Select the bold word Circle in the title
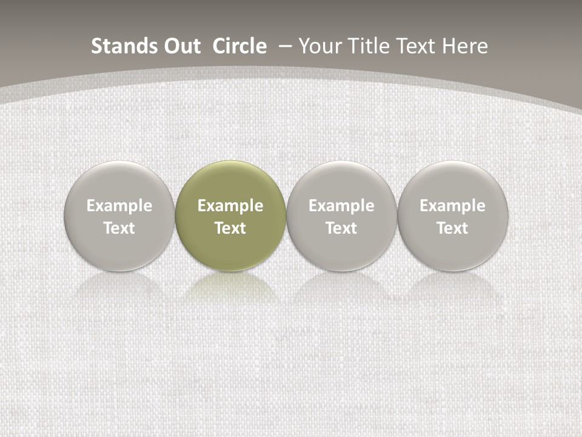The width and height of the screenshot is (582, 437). tap(239, 46)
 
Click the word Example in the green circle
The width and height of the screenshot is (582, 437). tap(230, 206)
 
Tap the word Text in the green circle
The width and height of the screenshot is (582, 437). tap(230, 228)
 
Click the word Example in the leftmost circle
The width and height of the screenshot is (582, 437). tap(119, 206)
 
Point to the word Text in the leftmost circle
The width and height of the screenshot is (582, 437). tap(119, 228)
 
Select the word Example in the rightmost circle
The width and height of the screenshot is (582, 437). tap(453, 206)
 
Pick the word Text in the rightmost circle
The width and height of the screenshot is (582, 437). tap(453, 228)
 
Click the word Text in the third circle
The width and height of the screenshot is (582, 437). tap(341, 228)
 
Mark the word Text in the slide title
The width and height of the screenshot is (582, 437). tap(414, 46)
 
